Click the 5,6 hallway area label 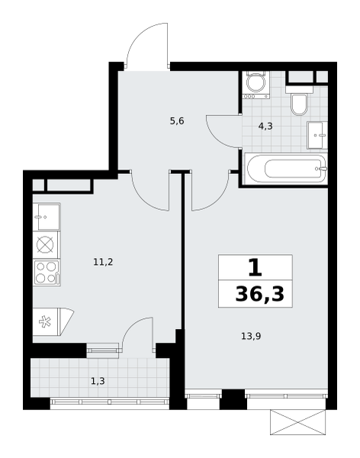[177, 121]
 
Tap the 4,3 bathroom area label [265, 126]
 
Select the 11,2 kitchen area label [103, 262]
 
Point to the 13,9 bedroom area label [251, 336]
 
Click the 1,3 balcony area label [98, 381]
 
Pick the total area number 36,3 [259, 294]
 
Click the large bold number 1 [256, 268]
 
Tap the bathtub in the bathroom [286, 169]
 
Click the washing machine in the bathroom [256, 85]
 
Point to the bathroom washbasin [317, 135]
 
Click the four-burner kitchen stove [47, 273]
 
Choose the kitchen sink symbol [47, 217]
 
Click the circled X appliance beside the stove [45, 245]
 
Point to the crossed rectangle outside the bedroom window [297, 422]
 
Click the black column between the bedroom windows [233, 399]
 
